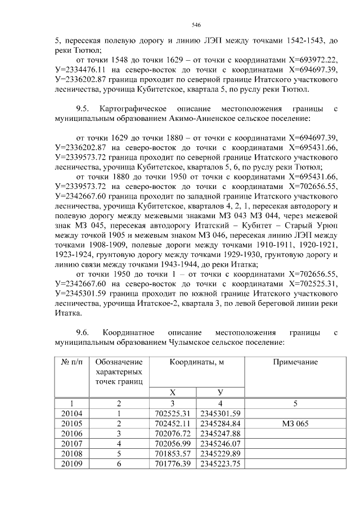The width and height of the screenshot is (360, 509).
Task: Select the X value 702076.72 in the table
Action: pos(173,434)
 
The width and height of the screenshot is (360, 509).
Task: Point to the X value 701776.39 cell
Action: pos(173,464)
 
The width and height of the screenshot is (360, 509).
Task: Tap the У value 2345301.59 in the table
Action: pos(220,413)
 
